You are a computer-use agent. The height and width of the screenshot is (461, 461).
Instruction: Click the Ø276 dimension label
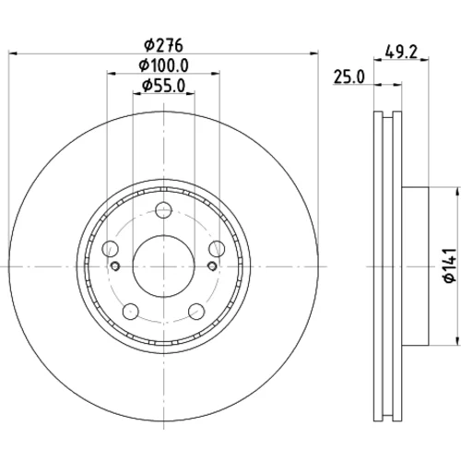coord(164,45)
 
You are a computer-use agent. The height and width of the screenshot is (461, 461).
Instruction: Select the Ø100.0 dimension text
coord(163,65)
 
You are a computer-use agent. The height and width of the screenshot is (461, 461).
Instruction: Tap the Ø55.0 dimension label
coord(164,86)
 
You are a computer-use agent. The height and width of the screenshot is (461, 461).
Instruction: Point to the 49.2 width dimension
coord(401,52)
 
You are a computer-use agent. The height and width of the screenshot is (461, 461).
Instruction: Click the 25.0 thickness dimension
coord(349,77)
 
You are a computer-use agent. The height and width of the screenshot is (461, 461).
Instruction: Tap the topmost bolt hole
coord(164,210)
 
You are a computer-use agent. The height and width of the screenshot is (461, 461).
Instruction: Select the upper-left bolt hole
coord(110,249)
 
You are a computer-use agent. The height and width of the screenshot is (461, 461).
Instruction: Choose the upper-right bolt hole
coord(217,249)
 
